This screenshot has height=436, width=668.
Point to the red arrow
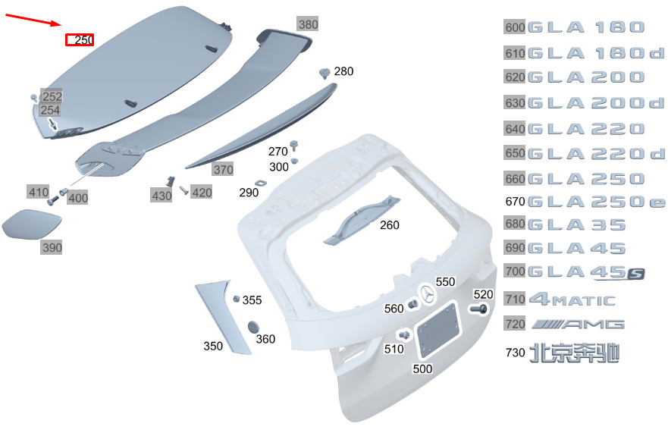coord(34,20)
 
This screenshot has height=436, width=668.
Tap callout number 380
coord(308,24)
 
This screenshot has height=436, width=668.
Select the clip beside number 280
coord(325,74)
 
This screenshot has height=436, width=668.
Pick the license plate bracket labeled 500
coord(438,329)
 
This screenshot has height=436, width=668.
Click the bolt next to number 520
coord(478,309)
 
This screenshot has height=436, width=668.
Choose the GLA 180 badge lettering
coord(586,28)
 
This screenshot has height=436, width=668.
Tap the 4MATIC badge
coord(572,300)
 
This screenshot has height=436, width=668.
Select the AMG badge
coord(578,325)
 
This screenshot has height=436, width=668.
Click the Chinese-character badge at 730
coord(574,353)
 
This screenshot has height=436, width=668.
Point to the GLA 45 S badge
coord(586,272)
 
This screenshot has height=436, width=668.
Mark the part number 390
coord(52,247)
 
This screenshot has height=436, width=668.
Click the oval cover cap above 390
coord(32,224)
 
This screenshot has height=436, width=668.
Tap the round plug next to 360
coord(253,328)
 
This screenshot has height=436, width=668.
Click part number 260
coord(390,224)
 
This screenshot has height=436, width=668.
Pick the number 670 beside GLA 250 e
coord(515,201)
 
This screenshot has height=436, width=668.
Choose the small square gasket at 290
coord(259,183)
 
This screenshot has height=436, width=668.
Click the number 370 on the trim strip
coord(223,170)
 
